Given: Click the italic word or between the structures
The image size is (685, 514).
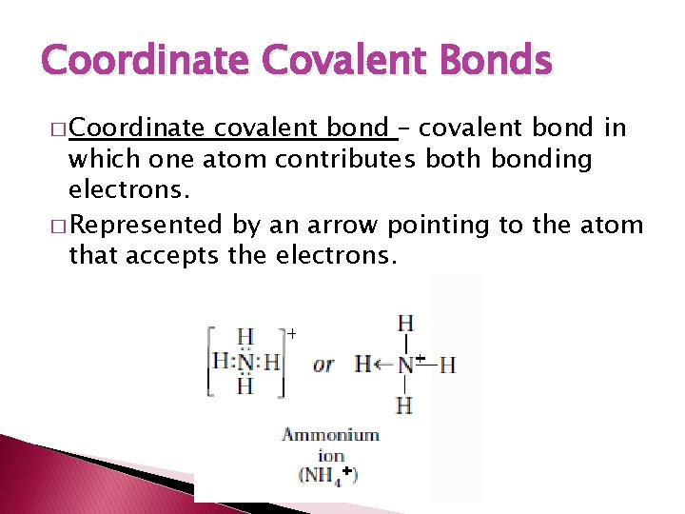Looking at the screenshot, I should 323,365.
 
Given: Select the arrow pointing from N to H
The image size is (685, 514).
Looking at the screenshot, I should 384,364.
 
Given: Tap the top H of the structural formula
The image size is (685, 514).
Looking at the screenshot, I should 405,324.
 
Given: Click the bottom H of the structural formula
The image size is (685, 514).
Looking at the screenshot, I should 404,405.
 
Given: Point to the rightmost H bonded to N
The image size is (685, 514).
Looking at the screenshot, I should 447,365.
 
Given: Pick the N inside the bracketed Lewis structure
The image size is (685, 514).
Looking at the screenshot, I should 245,362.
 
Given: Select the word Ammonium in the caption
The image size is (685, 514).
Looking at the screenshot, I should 330,435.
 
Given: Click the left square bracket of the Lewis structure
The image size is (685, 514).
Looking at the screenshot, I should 208,362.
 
